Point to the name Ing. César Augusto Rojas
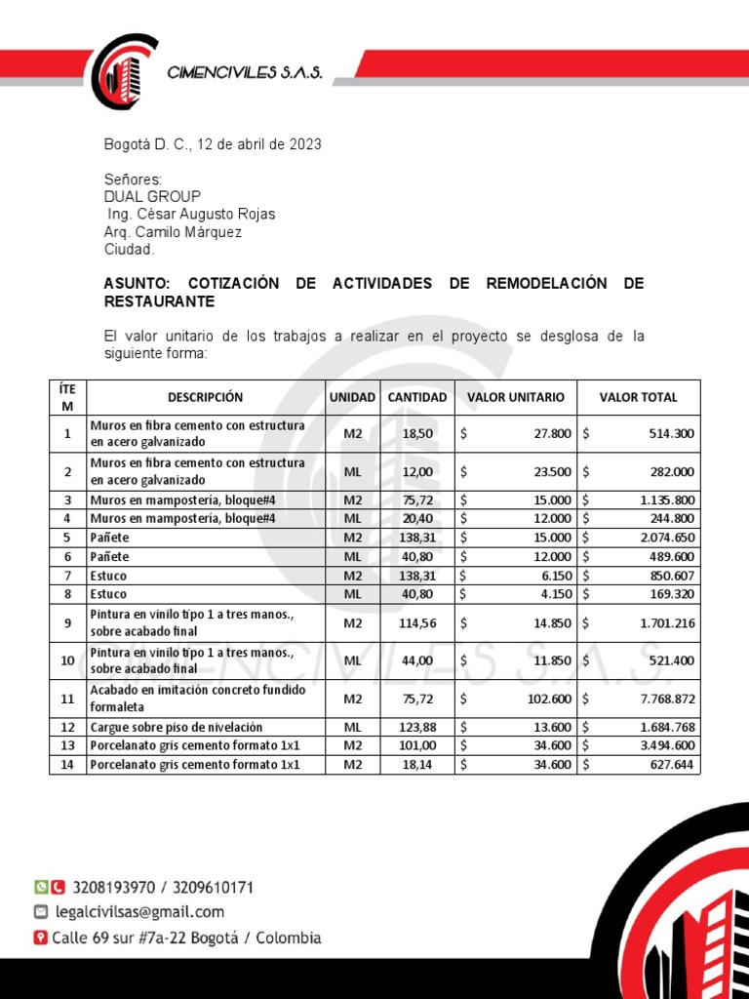click(191, 215)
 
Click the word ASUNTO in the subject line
click(138, 284)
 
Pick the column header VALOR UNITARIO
click(515, 397)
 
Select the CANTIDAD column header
click(417, 397)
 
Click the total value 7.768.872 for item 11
click(667, 699)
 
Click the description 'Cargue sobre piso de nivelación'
click(177, 727)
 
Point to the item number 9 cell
click(67, 623)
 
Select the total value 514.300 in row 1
click(671, 434)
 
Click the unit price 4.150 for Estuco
click(553, 593)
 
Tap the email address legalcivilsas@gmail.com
click(139, 912)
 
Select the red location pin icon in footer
click(40, 938)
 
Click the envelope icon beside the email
click(40, 912)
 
